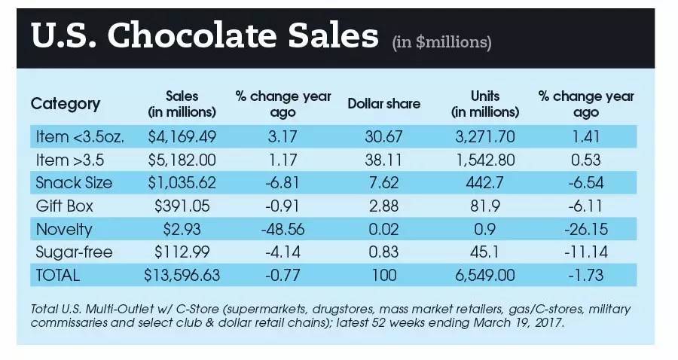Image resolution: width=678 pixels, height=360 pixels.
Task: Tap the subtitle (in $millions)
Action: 441,42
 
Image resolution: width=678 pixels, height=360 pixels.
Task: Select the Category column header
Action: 65,104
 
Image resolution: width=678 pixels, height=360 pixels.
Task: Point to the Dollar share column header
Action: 383,104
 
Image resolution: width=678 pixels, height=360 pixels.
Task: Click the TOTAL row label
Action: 58,275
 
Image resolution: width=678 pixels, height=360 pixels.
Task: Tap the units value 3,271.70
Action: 483,136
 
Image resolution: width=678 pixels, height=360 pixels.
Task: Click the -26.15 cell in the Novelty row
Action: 585,229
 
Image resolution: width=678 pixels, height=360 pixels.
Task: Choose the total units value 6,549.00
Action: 483,275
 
